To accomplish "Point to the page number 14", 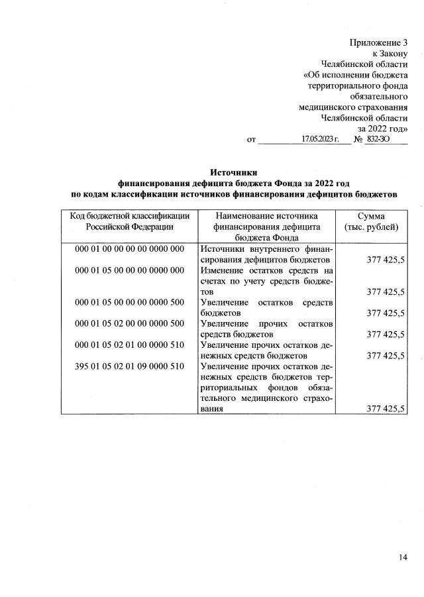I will tap(403, 557).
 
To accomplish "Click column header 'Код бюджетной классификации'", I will tap(129, 216).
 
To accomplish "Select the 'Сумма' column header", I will tap(372, 216).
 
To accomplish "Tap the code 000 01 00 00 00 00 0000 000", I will tap(129, 248).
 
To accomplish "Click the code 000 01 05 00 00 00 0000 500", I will tap(129, 301).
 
